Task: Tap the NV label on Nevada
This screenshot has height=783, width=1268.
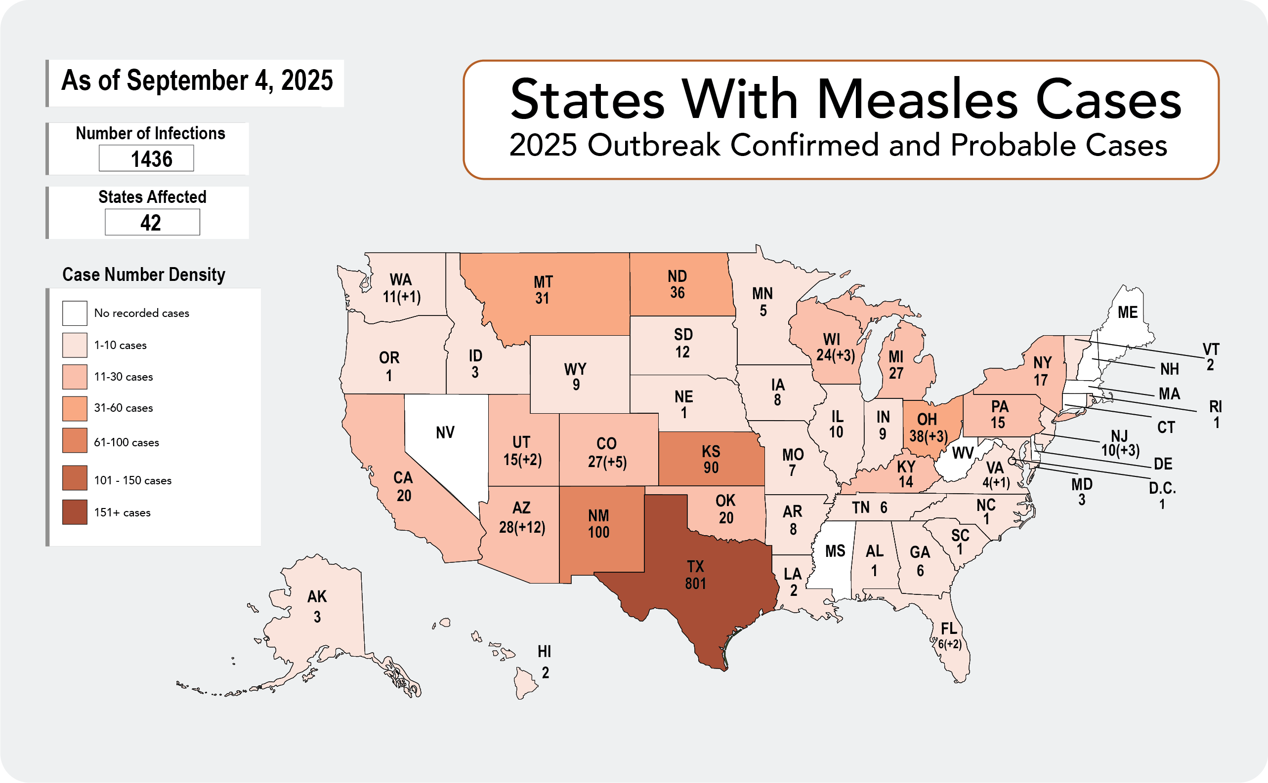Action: (445, 432)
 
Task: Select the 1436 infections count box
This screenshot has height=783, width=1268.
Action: (147, 158)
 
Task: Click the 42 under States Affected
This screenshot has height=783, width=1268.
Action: (152, 223)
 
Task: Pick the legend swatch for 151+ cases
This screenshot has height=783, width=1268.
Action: (75, 512)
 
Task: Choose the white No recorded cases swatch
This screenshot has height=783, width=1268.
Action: (75, 313)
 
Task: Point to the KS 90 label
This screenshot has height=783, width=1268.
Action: (711, 459)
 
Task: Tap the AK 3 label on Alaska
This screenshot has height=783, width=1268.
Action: (317, 606)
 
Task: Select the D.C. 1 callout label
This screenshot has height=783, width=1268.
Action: (1162, 496)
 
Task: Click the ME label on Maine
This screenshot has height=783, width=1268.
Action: (1128, 313)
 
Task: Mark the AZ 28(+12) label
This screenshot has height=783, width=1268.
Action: (522, 517)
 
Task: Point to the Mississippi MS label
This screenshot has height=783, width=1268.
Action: (835, 551)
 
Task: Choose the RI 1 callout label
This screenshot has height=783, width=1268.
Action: (1215, 414)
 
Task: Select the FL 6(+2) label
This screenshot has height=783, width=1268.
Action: (949, 636)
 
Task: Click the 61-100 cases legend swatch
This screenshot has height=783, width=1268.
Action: (75, 441)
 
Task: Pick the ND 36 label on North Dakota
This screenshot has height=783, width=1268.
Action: (677, 284)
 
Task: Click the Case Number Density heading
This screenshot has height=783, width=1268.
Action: (143, 274)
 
